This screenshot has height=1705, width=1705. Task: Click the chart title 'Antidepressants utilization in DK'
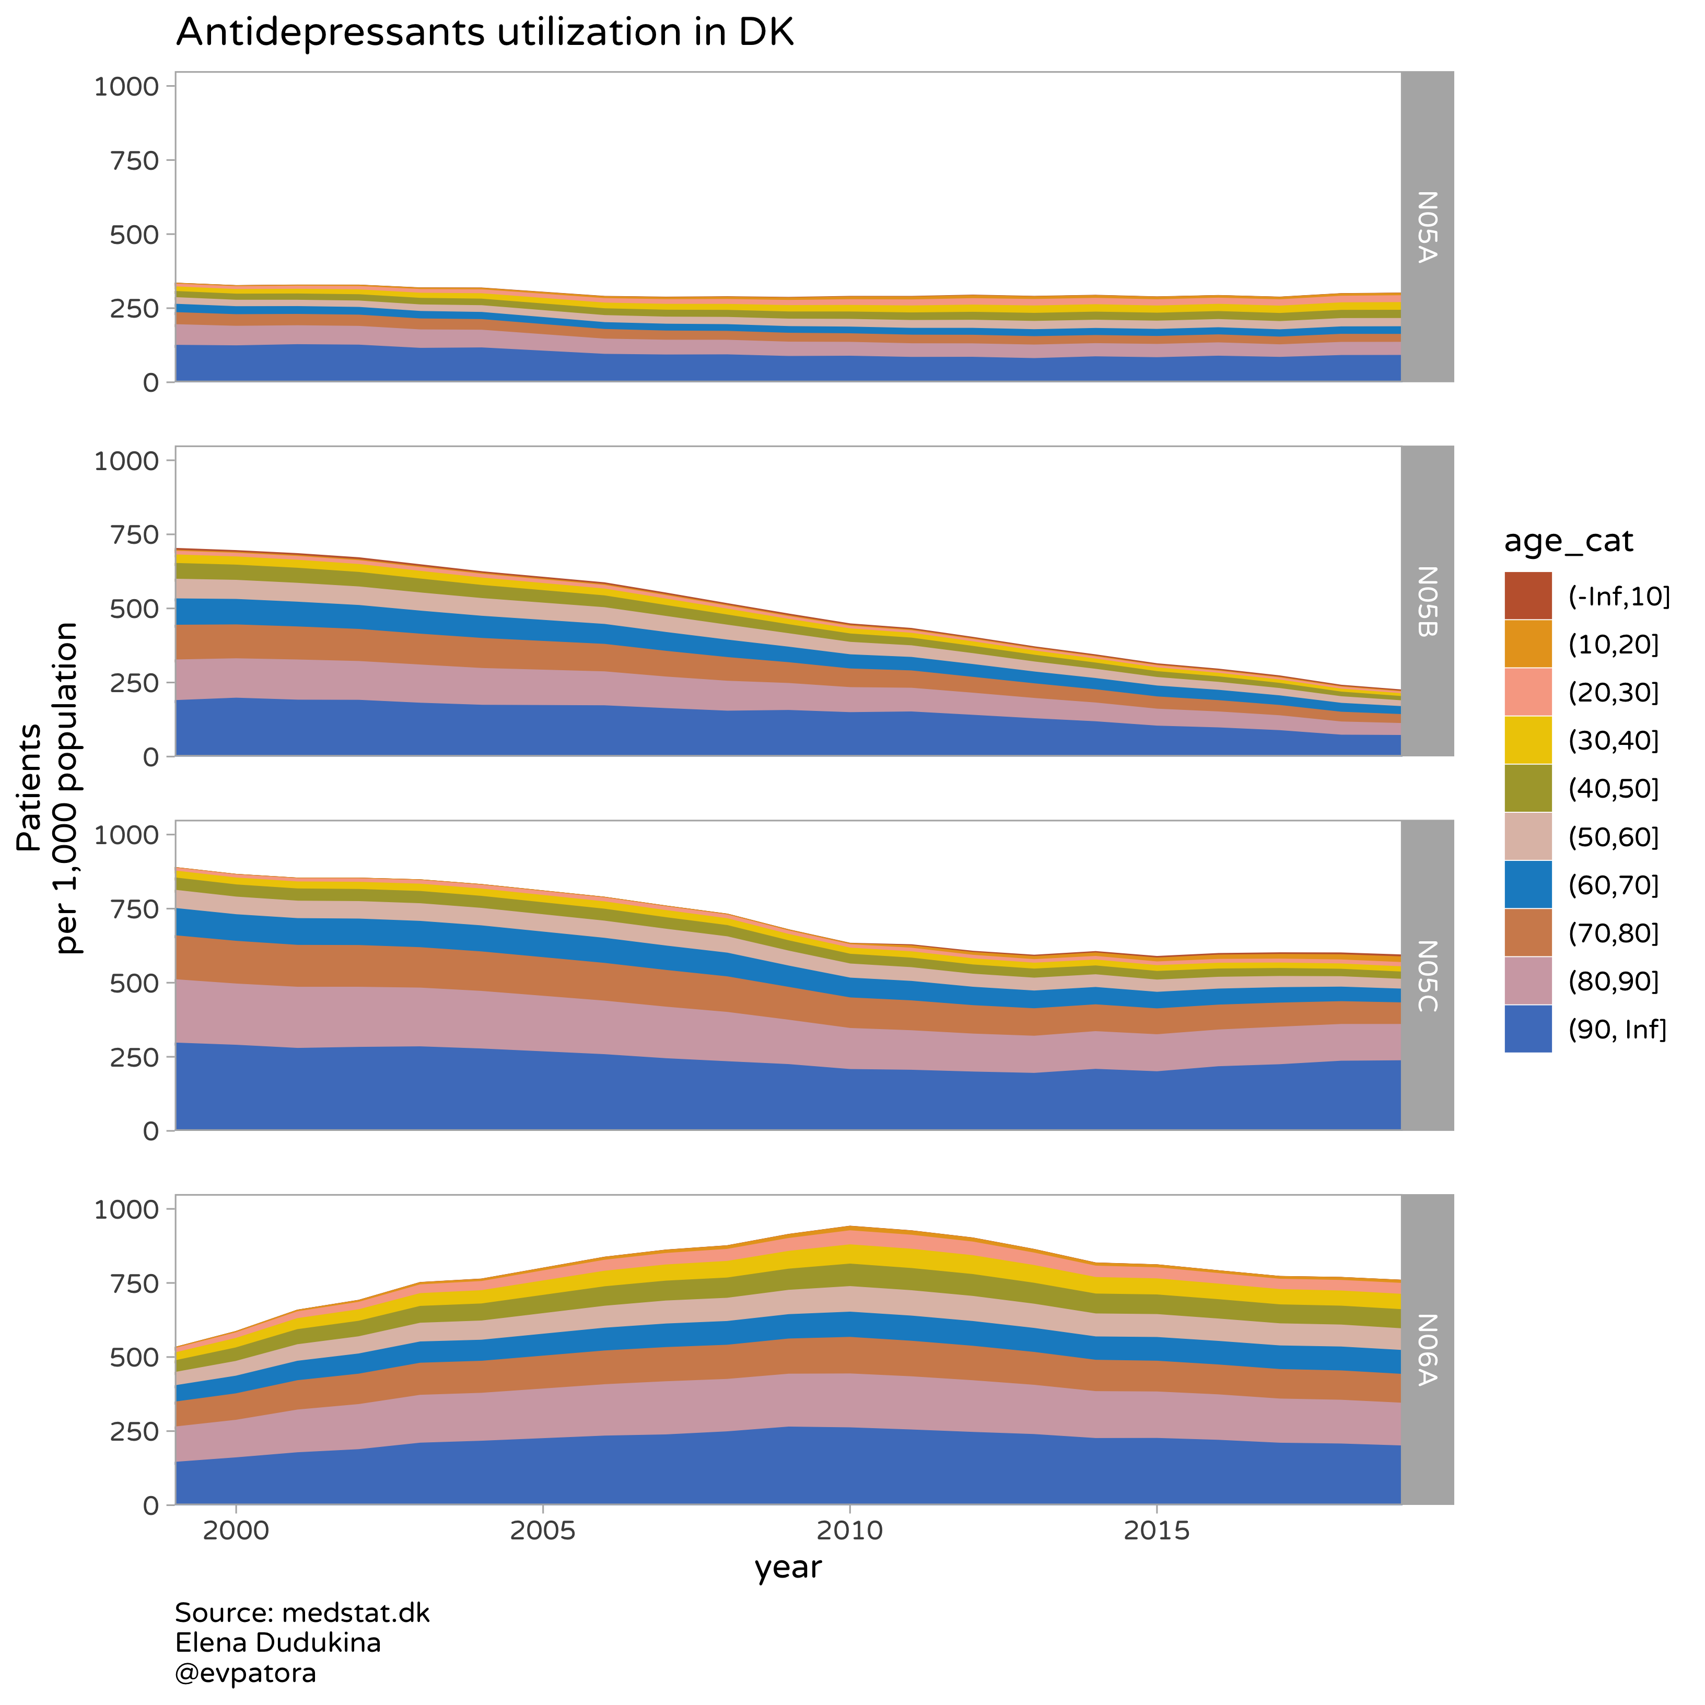pyautogui.click(x=485, y=33)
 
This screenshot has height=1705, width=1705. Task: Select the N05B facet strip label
pyautogui.click(x=1427, y=601)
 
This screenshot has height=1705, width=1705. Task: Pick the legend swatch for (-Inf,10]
pyautogui.click(x=1527, y=595)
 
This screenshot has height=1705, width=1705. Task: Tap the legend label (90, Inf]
pyautogui.click(x=1617, y=1029)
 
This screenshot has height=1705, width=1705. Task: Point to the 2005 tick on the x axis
pyautogui.click(x=542, y=1529)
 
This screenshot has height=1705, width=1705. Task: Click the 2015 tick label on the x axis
pyautogui.click(x=1156, y=1529)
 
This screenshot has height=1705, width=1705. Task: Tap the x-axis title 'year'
pyautogui.click(x=788, y=1567)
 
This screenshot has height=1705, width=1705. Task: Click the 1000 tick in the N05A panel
pyautogui.click(x=126, y=87)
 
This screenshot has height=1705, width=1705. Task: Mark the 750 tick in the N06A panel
pyautogui.click(x=135, y=1282)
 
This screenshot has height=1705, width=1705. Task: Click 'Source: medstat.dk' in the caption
pyautogui.click(x=302, y=1613)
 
